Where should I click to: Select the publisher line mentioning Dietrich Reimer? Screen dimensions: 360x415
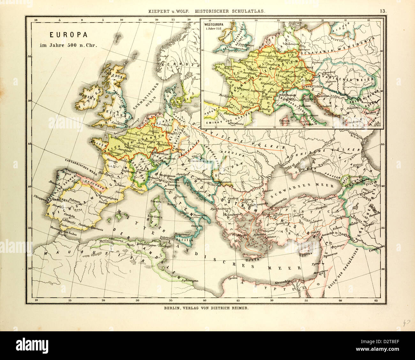pyautogui.click(x=206, y=308)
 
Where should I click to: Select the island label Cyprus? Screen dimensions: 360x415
pyautogui.click(x=305, y=255)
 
